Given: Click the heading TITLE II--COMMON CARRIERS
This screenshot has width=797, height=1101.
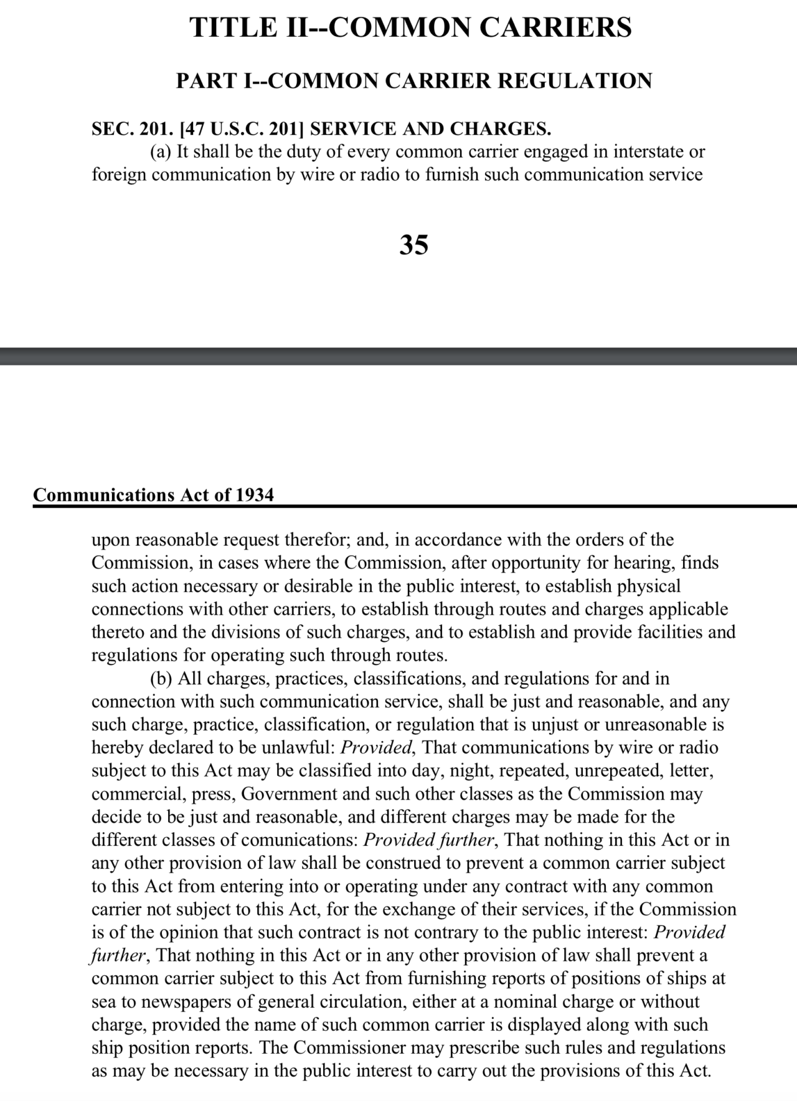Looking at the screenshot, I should [411, 28].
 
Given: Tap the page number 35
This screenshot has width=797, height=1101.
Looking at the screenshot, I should [413, 245].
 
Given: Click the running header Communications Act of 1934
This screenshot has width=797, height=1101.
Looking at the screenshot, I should [153, 495].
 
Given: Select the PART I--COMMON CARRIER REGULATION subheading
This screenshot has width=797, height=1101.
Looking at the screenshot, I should [414, 81].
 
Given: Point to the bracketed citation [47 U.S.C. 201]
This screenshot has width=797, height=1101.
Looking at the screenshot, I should [241, 129].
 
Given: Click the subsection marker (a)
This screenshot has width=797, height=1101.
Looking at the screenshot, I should [161, 152].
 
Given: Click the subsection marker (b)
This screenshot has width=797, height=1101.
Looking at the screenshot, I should [161, 679].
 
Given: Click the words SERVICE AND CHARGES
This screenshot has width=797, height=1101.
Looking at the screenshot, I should [430, 129].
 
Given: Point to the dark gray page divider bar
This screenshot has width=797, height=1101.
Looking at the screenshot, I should [398, 356].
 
